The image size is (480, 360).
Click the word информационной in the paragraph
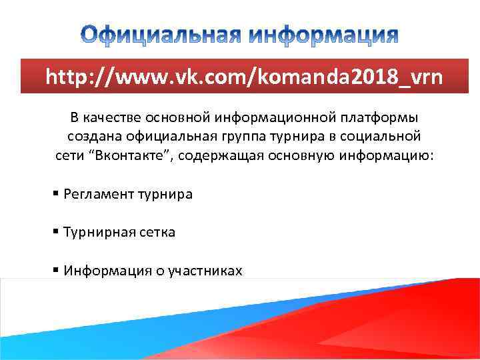[x=255, y=118]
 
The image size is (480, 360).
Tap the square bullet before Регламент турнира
[x=56, y=194]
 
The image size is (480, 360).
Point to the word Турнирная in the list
[x=98, y=232]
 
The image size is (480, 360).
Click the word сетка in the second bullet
[x=156, y=232]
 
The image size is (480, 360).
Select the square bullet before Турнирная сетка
[x=56, y=231]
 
